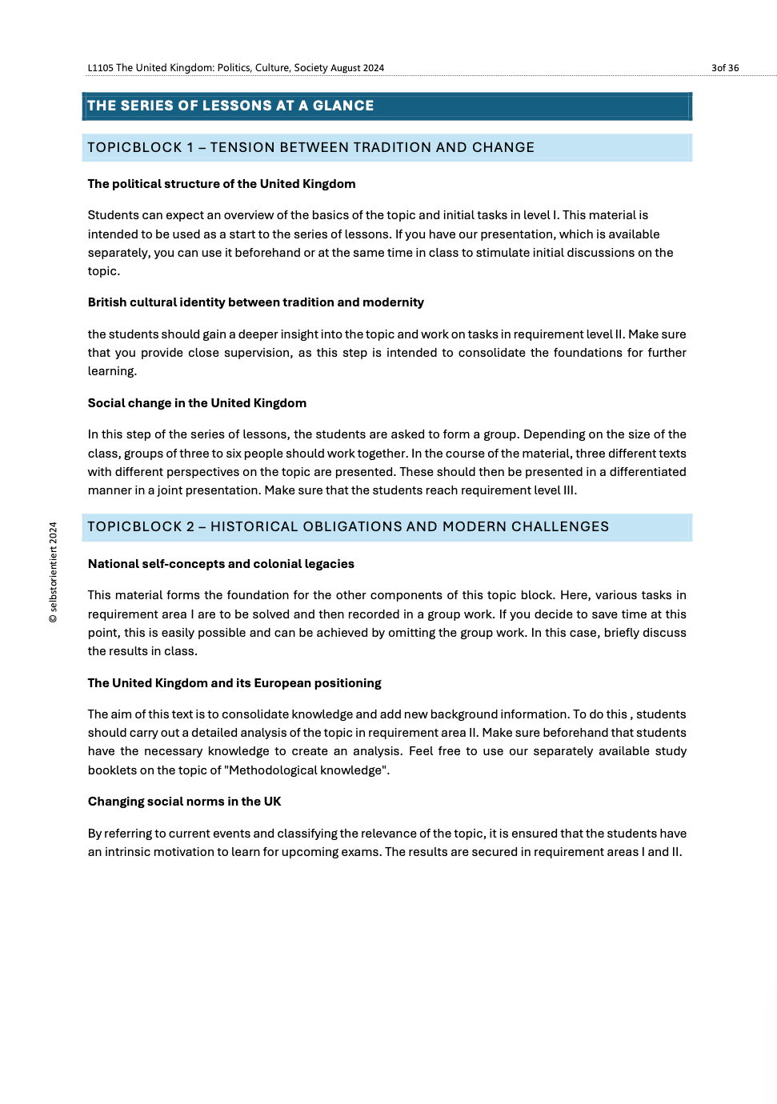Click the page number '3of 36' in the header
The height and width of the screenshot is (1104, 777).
[x=724, y=68]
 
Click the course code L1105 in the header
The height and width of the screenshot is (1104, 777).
[x=100, y=68]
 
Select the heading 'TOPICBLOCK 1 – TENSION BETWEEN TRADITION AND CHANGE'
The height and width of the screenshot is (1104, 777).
[x=310, y=147]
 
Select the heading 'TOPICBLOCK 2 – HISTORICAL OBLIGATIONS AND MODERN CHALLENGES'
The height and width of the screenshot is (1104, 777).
[x=348, y=526]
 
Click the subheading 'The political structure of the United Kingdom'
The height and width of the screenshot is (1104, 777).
[x=222, y=184]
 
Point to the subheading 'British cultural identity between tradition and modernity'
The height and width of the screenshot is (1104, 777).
[x=255, y=302]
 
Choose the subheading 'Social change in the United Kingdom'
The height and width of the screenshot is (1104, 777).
[x=197, y=403]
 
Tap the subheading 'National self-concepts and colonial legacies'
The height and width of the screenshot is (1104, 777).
[x=221, y=564]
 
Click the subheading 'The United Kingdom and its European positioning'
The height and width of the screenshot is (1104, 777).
[x=234, y=683]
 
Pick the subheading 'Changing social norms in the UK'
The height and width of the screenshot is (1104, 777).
[x=184, y=802]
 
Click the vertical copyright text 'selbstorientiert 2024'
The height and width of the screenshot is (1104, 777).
[x=54, y=573]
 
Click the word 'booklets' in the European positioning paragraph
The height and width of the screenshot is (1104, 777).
[x=111, y=770]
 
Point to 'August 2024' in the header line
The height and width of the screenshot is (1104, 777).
[x=358, y=68]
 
